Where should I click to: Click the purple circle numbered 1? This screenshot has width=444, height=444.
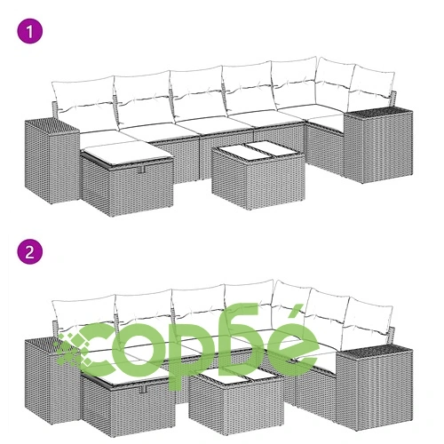(x=30, y=31)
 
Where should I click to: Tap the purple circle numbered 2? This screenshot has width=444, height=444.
(x=30, y=252)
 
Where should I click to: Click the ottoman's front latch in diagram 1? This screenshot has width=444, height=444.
(x=141, y=169)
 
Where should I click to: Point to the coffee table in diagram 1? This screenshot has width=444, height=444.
(x=258, y=175)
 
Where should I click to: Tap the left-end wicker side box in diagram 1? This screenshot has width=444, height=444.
(x=52, y=161)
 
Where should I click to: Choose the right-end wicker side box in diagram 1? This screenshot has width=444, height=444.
(x=378, y=145)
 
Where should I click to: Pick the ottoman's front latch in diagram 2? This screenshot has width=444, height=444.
(x=144, y=389)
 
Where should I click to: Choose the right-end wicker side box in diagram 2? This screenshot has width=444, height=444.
(x=375, y=387)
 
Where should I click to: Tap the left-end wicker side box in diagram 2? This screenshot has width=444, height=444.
(x=52, y=382)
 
